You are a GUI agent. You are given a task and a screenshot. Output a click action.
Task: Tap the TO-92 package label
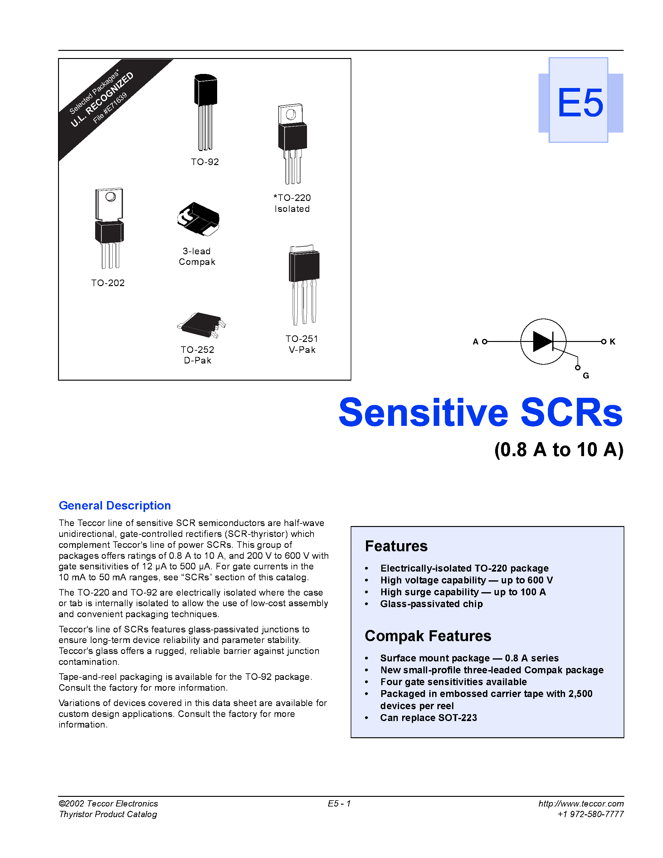click(205, 162)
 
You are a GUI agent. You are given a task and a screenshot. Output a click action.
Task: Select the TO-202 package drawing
click(110, 228)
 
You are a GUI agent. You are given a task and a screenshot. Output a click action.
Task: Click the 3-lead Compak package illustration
click(198, 219)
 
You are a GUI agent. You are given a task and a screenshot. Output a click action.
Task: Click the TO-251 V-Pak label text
click(302, 344)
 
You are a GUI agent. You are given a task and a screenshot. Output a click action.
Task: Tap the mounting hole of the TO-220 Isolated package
click(291, 114)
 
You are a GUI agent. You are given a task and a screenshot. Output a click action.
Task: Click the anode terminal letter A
click(475, 342)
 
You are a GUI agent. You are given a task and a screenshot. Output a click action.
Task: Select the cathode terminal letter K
click(612, 342)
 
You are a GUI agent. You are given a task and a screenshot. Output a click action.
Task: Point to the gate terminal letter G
click(586, 376)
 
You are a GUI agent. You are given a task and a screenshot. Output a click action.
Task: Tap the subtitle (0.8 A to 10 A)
click(558, 450)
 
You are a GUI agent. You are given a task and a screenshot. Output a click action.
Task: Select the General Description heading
click(115, 506)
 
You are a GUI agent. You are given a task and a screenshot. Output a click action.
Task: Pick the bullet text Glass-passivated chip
click(431, 604)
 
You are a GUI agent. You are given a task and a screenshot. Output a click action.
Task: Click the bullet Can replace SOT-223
click(428, 718)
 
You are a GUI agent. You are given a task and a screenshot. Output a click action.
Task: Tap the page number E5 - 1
click(339, 803)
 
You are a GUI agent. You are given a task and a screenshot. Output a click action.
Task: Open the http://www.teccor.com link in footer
click(581, 803)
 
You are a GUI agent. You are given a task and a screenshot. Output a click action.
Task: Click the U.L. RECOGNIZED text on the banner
click(102, 100)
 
